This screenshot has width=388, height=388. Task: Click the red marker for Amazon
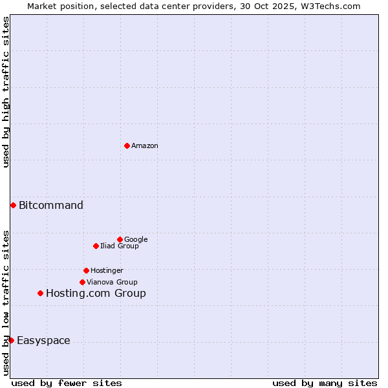pyautogui.click(x=127, y=145)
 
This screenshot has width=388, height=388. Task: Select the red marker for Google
pyautogui.click(x=120, y=239)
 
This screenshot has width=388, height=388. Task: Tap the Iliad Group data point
pyautogui.click(x=96, y=246)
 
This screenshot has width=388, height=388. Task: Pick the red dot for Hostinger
pyautogui.click(x=86, y=270)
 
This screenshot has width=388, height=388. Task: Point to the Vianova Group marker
pyautogui.click(x=82, y=282)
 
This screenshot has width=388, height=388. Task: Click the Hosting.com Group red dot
pyautogui.click(x=40, y=293)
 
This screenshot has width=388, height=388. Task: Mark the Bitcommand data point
pyautogui.click(x=13, y=205)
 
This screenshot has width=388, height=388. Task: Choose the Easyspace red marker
pyautogui.click(x=11, y=340)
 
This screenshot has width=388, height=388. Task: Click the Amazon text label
pyautogui.click(x=145, y=146)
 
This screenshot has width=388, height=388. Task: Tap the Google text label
pyautogui.click(x=136, y=240)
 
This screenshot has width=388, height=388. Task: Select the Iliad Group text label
pyautogui.click(x=120, y=246)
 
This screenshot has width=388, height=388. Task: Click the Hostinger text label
pyautogui.click(x=107, y=271)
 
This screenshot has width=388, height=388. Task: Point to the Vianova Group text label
pyautogui.click(x=112, y=283)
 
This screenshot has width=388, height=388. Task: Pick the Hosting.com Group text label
pyautogui.click(x=96, y=294)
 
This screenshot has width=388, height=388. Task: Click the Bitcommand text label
pyautogui.click(x=51, y=206)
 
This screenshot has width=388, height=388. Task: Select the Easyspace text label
pyautogui.click(x=43, y=341)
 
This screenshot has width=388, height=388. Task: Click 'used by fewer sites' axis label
pyautogui.click(x=67, y=383)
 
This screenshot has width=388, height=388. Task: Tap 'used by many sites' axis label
pyautogui.click(x=325, y=383)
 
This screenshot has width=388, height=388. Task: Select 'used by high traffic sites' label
pyautogui.click(x=6, y=92)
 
